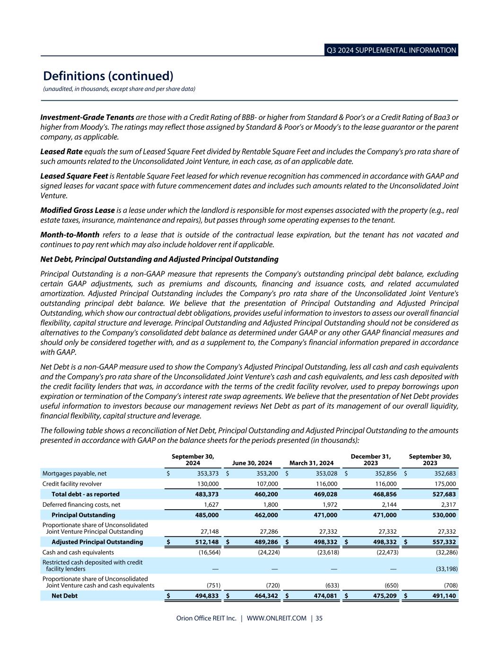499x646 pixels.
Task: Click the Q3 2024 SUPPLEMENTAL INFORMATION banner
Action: [x=391, y=50]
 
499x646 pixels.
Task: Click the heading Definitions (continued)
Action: [x=108, y=76]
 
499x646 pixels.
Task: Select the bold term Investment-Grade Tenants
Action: [x=87, y=117]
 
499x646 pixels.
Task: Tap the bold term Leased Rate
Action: [x=61, y=151]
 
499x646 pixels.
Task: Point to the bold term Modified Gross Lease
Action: [x=78, y=210]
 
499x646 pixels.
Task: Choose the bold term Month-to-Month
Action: [x=70, y=234]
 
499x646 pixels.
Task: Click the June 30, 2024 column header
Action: [x=253, y=463]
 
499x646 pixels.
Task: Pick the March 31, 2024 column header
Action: [x=311, y=463]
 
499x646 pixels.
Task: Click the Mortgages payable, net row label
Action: [x=74, y=473]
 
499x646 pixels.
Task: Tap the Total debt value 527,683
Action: [x=444, y=495]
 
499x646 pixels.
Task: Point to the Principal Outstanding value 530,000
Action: [x=444, y=515]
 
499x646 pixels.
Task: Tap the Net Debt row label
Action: [x=64, y=596]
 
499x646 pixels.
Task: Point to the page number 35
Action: [x=319, y=618]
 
